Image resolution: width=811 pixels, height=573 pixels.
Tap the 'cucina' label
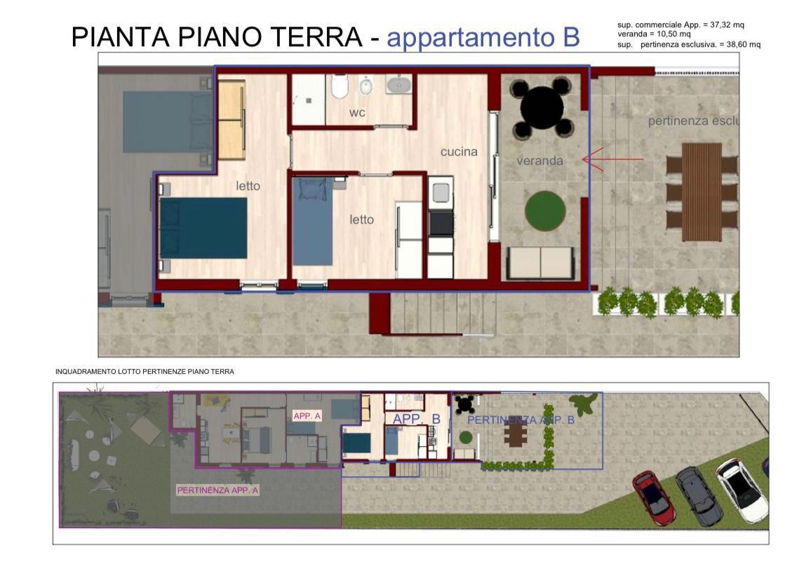click(x=459, y=151)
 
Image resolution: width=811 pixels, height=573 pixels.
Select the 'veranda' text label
click(x=539, y=161)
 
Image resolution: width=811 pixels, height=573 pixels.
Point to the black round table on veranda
click(x=542, y=107)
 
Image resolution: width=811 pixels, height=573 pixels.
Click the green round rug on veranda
click(x=545, y=210)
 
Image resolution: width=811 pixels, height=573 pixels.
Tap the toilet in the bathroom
click(x=340, y=87)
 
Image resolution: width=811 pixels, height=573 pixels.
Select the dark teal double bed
click(x=203, y=228)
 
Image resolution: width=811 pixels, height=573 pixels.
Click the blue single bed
click(x=313, y=221)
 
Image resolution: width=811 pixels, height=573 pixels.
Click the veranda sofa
click(x=541, y=263)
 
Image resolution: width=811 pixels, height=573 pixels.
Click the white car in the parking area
click(x=742, y=490)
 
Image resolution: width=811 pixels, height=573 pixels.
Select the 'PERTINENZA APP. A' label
click(x=217, y=490)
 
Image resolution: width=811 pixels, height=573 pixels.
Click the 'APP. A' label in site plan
click(x=307, y=416)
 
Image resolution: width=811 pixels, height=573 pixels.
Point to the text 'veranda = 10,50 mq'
click(x=654, y=34)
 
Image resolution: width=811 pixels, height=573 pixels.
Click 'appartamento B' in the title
click(x=483, y=37)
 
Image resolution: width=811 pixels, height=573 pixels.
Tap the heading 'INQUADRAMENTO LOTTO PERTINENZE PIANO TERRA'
click(x=145, y=371)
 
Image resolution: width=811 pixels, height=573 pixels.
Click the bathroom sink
click(x=398, y=85)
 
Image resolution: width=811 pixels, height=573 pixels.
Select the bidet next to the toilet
click(x=366, y=87)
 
